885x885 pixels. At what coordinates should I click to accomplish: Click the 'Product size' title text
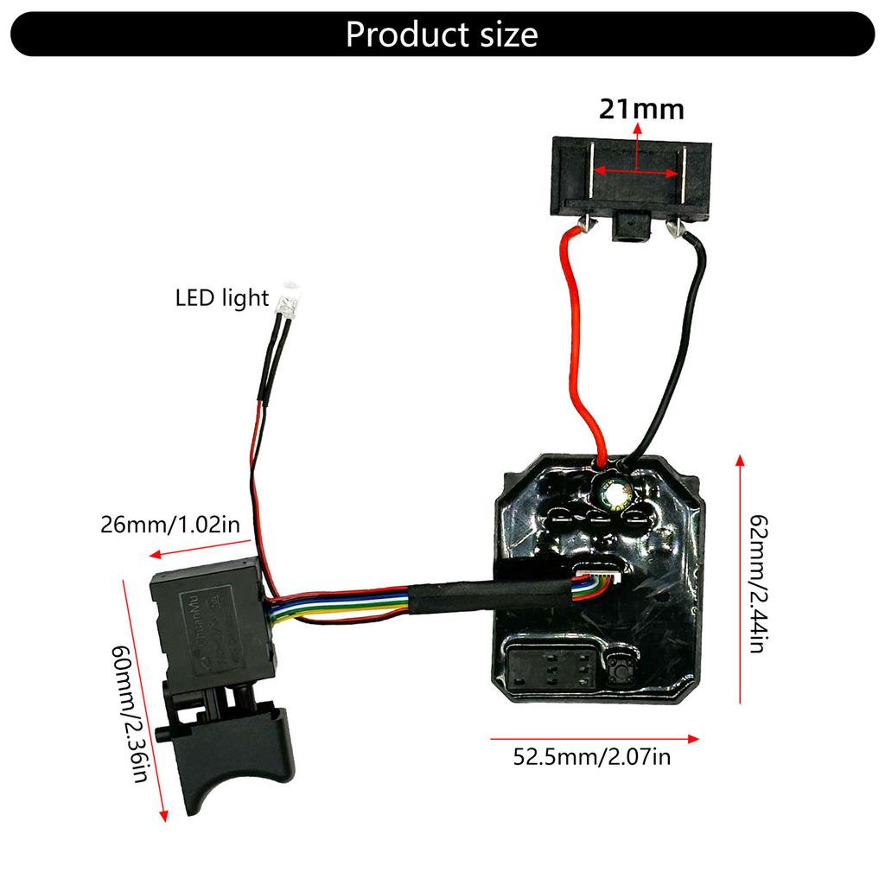coord(442,34)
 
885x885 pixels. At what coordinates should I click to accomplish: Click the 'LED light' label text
coord(222,298)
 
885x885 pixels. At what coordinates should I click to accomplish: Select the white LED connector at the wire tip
coord(287,300)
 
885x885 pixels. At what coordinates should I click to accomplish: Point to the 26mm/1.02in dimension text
coord(169,525)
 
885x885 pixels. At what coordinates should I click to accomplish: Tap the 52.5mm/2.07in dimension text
coord(592,758)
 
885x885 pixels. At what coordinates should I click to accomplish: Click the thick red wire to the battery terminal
coord(577,346)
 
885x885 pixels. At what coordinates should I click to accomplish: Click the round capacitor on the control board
coord(615,491)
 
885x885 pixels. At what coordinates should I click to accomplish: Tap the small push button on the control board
coord(620,668)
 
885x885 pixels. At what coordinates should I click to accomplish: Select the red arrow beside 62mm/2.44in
coord(741,579)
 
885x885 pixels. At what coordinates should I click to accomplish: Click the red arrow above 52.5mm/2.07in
coord(595,738)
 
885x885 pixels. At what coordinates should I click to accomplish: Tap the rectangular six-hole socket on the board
coord(552,665)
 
